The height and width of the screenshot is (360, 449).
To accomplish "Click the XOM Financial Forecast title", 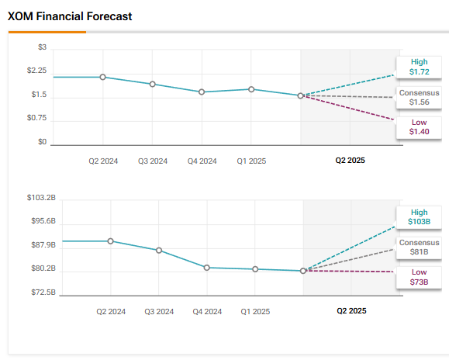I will [69, 16].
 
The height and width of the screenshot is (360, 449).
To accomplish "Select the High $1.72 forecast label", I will [419, 67].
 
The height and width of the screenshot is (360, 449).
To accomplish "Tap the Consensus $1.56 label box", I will [419, 97].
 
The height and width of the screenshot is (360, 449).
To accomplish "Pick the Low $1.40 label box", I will [419, 127].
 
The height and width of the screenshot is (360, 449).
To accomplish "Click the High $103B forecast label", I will [419, 216].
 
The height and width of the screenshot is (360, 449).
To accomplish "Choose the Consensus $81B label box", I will [419, 247].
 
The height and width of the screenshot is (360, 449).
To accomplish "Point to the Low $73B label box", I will [419, 277].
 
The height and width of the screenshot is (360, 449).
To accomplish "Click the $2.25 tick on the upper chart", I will [37, 71].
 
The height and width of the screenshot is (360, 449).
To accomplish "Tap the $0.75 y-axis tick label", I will [37, 118].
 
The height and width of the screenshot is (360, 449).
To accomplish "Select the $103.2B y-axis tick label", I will [41, 198].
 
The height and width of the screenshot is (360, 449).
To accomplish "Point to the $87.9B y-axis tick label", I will [43, 245].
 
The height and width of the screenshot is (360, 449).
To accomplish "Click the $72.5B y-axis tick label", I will [43, 292].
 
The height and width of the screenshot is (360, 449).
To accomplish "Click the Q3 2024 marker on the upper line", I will [152, 84].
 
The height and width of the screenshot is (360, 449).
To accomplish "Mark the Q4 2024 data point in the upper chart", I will [202, 92].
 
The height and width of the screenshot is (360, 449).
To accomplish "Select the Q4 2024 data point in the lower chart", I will [207, 267].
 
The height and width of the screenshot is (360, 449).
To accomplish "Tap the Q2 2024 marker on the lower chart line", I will [110, 241].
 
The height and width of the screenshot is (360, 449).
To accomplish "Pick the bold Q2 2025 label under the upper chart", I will [350, 161].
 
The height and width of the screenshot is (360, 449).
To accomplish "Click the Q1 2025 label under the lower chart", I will [255, 311].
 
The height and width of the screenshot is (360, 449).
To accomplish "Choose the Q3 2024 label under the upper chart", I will [153, 161].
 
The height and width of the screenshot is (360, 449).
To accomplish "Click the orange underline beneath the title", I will [47, 32].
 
